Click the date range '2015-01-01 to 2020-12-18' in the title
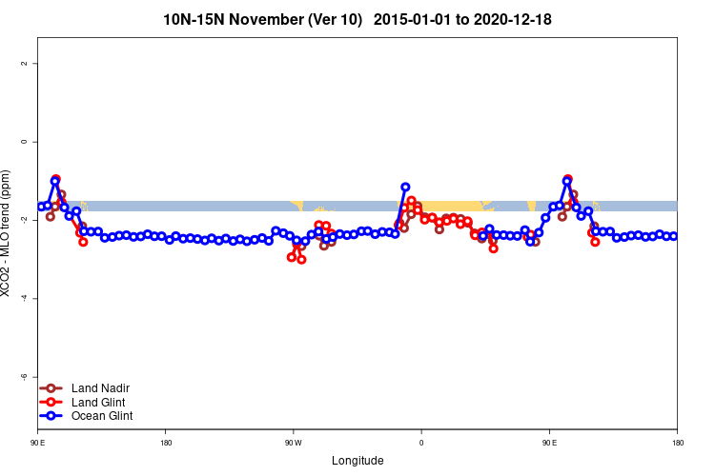tap(462, 19)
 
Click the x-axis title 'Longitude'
tap(357, 461)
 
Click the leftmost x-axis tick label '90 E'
tap(38, 443)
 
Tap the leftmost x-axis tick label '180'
tap(166, 443)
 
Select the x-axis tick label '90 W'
tap(293, 443)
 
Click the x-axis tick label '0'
tap(420, 443)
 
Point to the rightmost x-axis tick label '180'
tap(676, 443)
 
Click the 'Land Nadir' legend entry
tap(100, 388)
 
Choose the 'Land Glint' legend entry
tap(98, 402)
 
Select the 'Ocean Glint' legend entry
tap(102, 416)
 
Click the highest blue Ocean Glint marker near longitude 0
tap(405, 188)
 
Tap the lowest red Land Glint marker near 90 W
tap(301, 259)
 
